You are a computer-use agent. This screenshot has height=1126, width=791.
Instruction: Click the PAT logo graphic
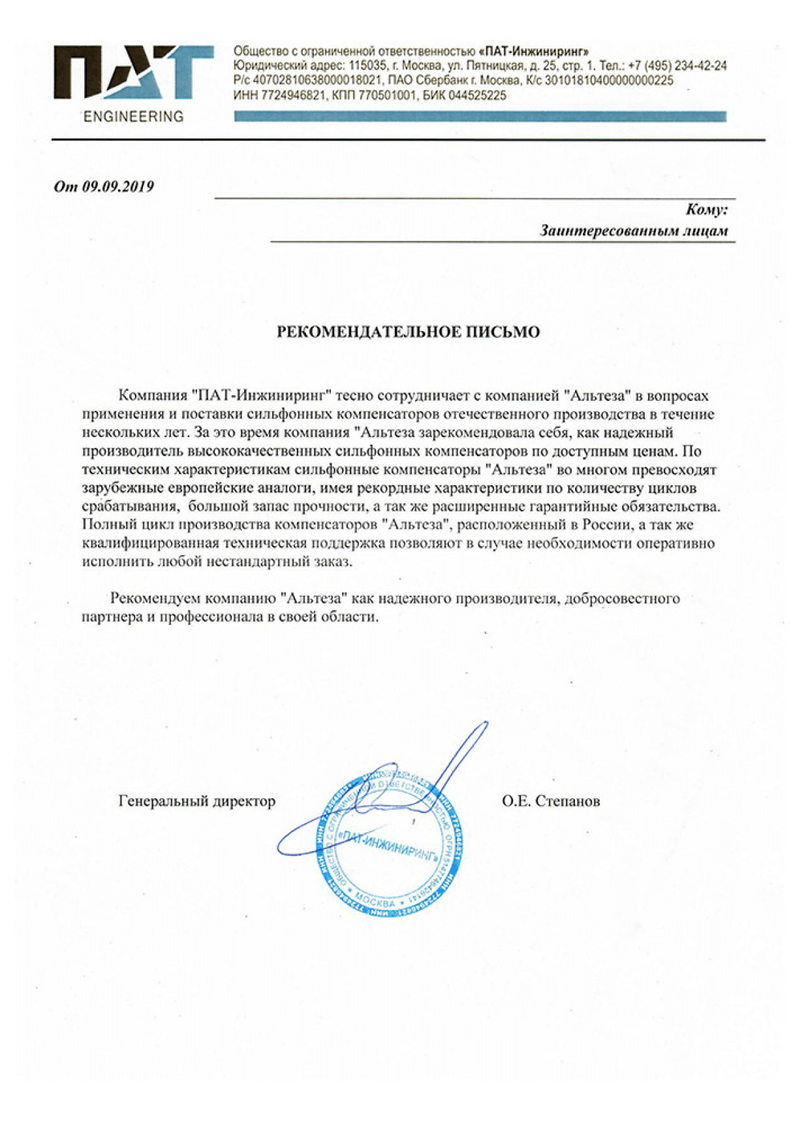coord(133,72)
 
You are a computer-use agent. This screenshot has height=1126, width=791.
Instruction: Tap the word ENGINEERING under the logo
coord(134,117)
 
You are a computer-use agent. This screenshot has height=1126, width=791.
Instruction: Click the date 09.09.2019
coord(117,187)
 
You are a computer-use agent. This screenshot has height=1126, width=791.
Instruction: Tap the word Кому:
coord(706,210)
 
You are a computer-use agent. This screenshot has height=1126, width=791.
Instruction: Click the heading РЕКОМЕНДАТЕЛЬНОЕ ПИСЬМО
coord(408,332)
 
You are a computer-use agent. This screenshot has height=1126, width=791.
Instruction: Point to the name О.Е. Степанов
coord(550,801)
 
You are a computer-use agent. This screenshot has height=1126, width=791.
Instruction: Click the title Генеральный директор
coord(196,801)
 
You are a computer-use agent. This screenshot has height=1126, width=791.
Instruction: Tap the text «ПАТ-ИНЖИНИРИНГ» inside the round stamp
coord(390,848)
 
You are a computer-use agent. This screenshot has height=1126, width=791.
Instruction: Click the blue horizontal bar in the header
coord(480,116)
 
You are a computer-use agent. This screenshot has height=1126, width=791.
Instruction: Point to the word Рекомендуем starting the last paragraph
coord(156,598)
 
